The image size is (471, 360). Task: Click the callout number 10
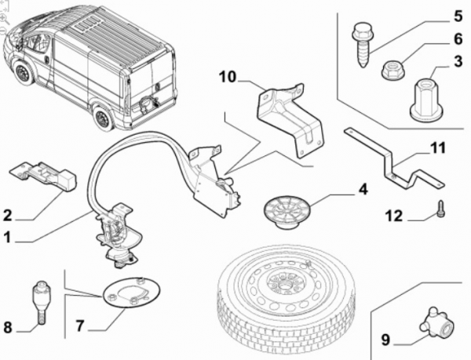(227, 77)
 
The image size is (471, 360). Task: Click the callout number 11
(436, 147)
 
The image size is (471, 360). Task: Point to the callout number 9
(385, 340)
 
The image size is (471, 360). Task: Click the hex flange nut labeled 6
(392, 71)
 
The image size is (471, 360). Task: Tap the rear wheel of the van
(103, 118)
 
